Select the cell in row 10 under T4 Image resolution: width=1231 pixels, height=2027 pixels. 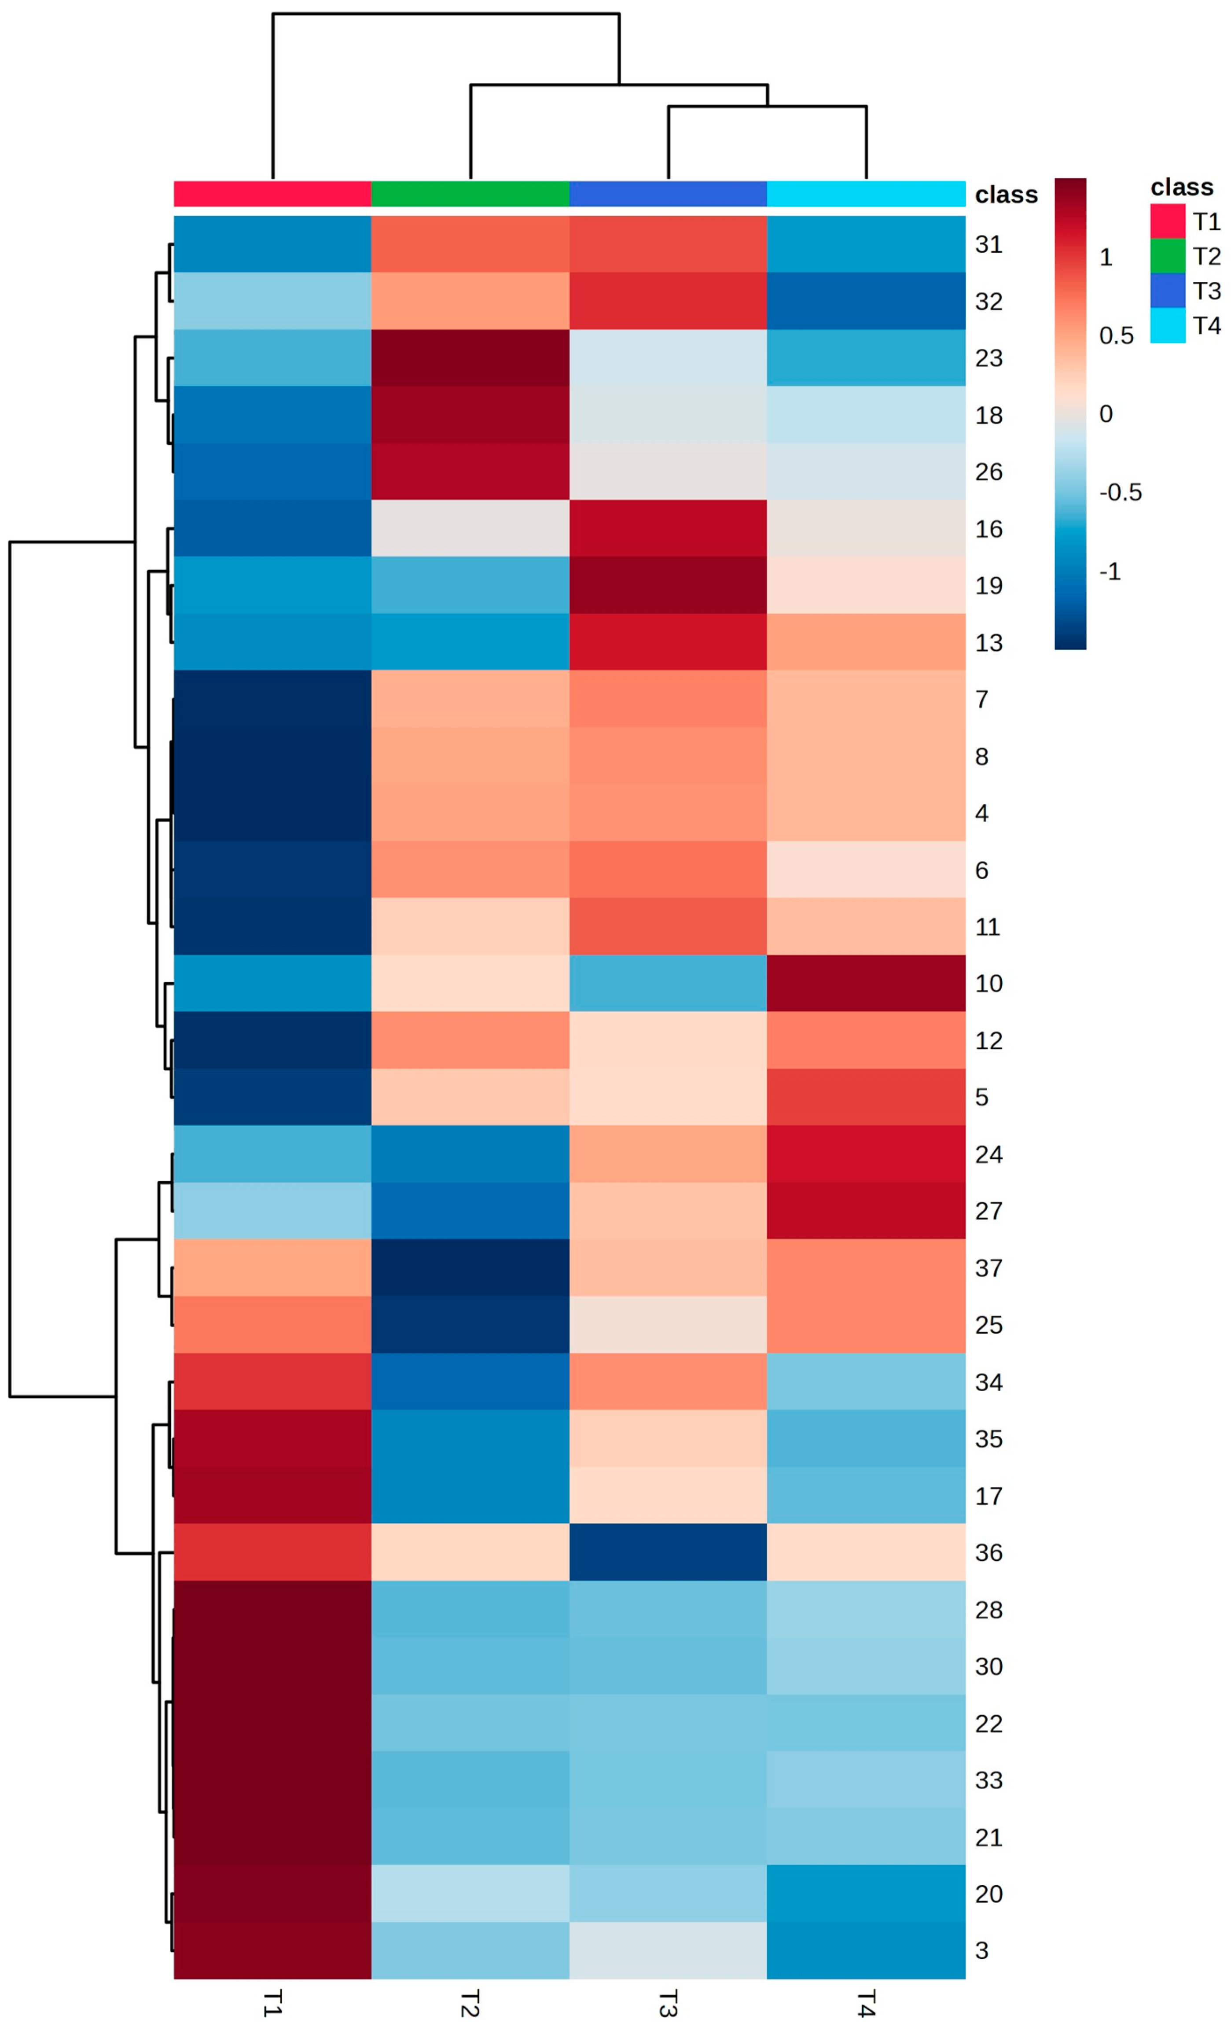click(x=866, y=983)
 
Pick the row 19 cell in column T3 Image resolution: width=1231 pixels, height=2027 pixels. click(x=668, y=585)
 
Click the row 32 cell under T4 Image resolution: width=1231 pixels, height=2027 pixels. click(x=866, y=301)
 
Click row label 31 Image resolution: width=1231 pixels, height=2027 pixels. click(x=988, y=244)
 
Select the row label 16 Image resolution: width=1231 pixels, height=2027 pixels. click(x=988, y=529)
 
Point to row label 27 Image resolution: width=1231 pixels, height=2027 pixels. click(x=988, y=1211)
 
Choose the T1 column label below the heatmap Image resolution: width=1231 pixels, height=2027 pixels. click(x=272, y=2003)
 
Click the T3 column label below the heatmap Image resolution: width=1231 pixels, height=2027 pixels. click(x=668, y=2003)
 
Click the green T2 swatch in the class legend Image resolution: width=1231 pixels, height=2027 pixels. click(x=1167, y=256)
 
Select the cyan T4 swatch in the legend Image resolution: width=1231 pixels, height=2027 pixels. click(x=1167, y=326)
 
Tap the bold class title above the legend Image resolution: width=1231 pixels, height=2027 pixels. click(x=1181, y=188)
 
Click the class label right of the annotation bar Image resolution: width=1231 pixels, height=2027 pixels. click(x=1006, y=195)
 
